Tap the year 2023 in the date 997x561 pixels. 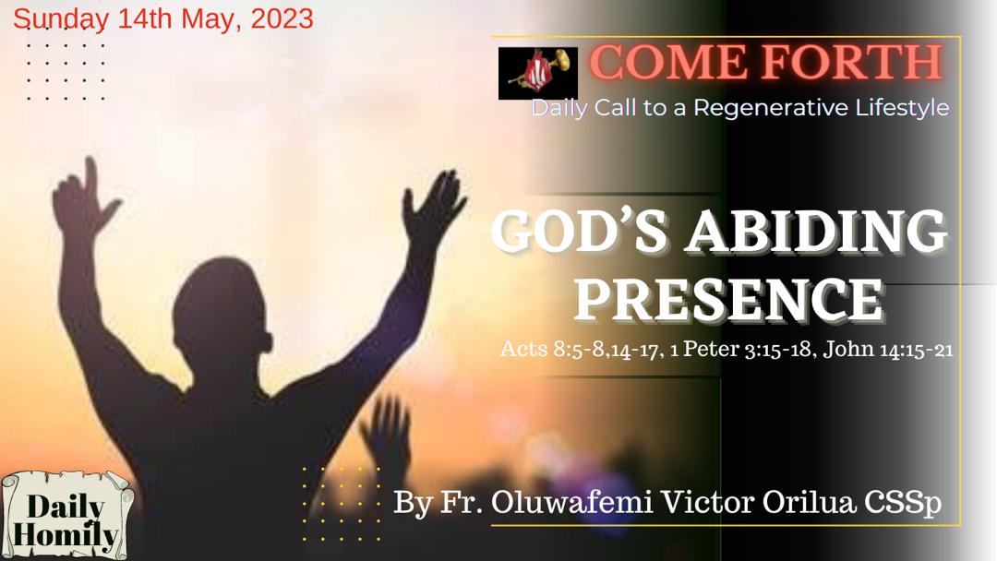(282, 18)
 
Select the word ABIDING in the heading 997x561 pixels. (816, 233)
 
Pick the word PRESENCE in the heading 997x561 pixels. (734, 297)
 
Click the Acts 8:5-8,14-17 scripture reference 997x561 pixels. (577, 351)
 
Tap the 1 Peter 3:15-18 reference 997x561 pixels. (738, 351)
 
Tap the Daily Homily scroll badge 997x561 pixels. (66, 519)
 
